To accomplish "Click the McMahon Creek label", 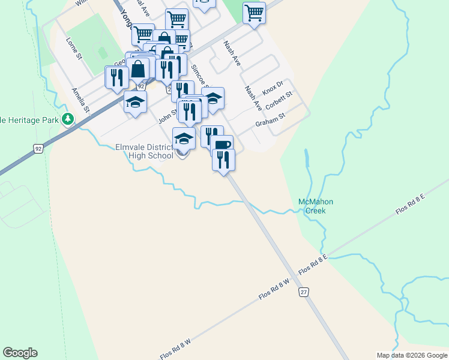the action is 315,206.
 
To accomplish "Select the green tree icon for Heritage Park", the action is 70,119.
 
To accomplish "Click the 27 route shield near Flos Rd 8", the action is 305,292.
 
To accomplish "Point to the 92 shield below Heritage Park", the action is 38,148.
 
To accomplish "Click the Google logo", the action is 20,353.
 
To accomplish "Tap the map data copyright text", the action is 411,355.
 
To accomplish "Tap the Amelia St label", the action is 80,100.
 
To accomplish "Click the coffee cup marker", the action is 221,145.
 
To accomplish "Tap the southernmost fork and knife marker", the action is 223,160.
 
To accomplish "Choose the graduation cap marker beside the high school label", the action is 184,138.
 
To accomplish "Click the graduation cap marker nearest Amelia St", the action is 136,101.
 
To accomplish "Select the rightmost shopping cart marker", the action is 255,12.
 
